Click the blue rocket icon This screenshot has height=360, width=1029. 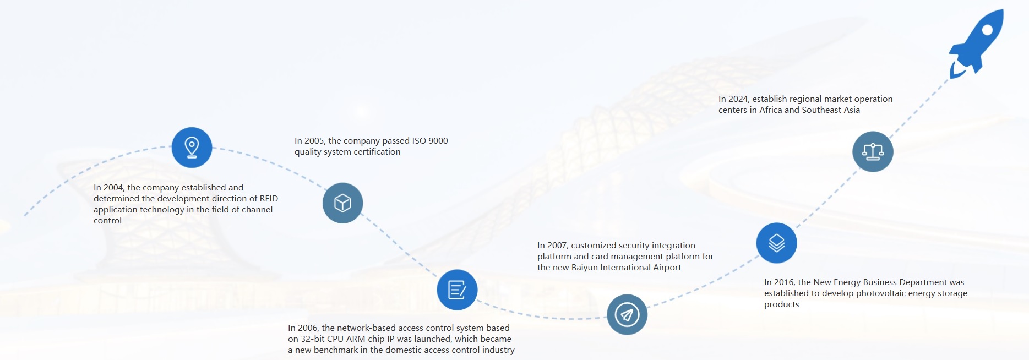(x=976, y=44)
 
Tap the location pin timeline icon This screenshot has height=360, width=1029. (x=192, y=148)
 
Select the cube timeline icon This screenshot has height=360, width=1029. (x=342, y=203)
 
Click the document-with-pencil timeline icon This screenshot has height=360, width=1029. (x=457, y=290)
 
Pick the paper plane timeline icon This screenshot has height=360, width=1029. (x=627, y=314)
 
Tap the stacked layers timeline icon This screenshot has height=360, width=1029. (x=776, y=243)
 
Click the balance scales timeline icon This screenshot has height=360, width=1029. (x=873, y=151)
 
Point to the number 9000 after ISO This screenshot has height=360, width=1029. (x=438, y=141)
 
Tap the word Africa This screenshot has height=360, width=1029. (x=771, y=110)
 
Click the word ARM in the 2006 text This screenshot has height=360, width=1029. (x=356, y=339)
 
